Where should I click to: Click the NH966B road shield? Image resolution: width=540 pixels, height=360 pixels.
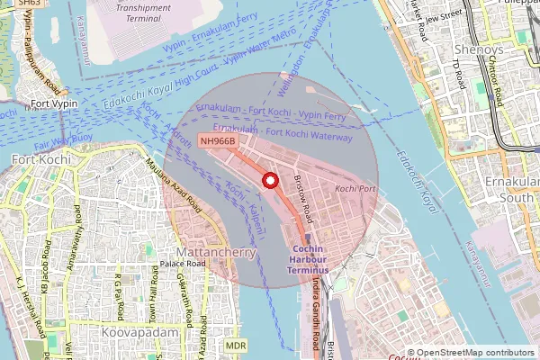click(x=218, y=141)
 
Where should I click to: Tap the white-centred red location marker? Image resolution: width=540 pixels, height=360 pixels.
click(x=267, y=181)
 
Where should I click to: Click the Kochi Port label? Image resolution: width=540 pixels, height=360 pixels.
click(x=355, y=189)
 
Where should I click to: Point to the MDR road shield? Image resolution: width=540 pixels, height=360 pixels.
click(x=236, y=345)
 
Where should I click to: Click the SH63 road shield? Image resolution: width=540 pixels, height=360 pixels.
click(x=29, y=4)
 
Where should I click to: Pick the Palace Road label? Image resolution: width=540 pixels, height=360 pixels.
click(x=154, y=265)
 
